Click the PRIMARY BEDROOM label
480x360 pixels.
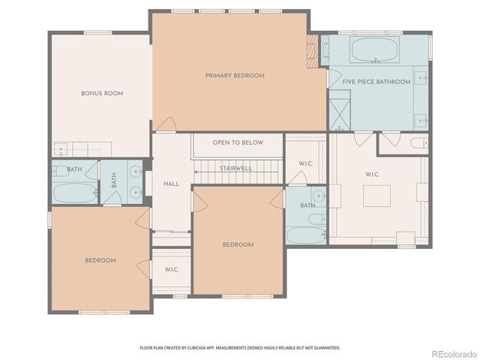click(x=235, y=76)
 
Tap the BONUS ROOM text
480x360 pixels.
click(x=102, y=93)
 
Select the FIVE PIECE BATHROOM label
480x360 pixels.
click(x=376, y=82)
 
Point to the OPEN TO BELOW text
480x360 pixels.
click(x=237, y=142)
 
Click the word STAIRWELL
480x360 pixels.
click(x=235, y=169)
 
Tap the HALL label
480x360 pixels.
click(x=172, y=184)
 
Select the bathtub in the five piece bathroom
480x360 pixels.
click(x=374, y=50)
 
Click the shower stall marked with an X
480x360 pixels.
click(x=340, y=110)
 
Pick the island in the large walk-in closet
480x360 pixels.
click(x=377, y=196)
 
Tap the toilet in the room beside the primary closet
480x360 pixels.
click(x=417, y=142)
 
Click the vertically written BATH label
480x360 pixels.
click(x=114, y=181)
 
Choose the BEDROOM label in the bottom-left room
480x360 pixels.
click(x=100, y=260)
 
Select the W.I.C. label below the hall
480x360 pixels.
click(x=171, y=270)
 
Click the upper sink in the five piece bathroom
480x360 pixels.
click(x=422, y=77)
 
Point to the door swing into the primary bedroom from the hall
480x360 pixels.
click(x=166, y=124)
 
